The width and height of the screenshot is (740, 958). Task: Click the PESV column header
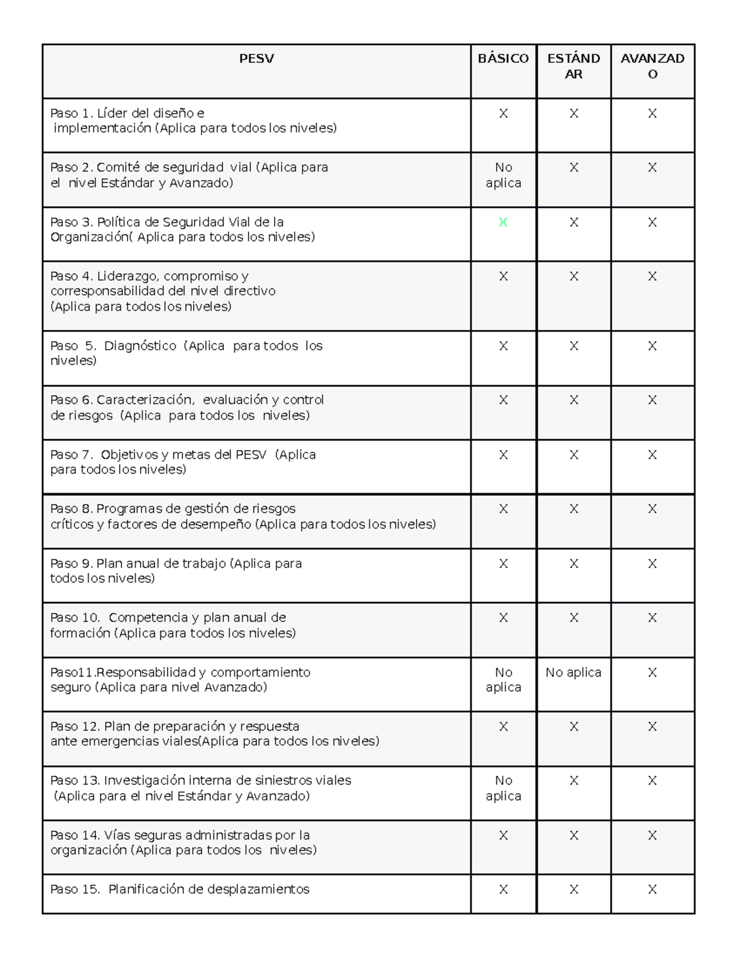point(257,59)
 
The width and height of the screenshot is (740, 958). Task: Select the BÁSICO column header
point(503,59)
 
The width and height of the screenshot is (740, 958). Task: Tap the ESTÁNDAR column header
point(573,66)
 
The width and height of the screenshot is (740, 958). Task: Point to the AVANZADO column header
point(652,66)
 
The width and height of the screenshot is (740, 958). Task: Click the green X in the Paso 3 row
point(503,222)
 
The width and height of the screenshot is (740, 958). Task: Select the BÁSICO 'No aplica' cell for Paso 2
point(503,175)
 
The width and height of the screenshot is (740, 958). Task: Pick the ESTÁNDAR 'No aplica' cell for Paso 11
point(573,672)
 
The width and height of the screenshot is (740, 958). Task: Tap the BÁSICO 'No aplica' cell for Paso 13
point(503,788)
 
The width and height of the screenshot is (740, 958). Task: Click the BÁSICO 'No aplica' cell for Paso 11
point(503,680)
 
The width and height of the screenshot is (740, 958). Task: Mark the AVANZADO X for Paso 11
point(652,672)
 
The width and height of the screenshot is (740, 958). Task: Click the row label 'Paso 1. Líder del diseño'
point(127,114)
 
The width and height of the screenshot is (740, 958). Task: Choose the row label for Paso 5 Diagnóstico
point(186,353)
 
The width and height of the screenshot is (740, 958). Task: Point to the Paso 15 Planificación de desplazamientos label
point(180,890)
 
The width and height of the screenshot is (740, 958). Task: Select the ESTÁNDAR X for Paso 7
point(573,455)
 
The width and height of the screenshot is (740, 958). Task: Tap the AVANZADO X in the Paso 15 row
point(652,890)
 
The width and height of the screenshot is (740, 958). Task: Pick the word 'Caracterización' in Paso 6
point(145,400)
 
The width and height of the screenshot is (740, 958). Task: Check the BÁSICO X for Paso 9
point(503,563)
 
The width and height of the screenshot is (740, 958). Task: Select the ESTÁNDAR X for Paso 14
point(573,835)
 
